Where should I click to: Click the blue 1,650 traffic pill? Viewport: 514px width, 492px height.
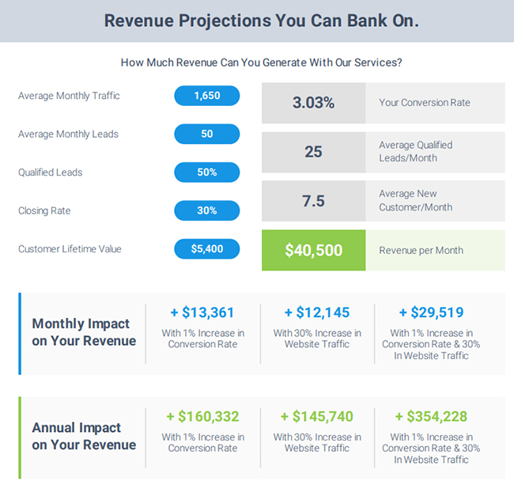pyautogui.click(x=206, y=96)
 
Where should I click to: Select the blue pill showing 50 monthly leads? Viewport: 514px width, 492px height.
pyautogui.click(x=206, y=134)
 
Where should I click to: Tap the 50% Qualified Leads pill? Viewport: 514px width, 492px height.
pyautogui.click(x=206, y=172)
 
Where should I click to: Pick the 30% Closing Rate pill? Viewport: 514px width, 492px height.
pyautogui.click(x=206, y=210)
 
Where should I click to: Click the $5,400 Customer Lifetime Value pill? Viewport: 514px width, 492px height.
pyautogui.click(x=206, y=249)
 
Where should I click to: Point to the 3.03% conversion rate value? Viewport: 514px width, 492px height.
pyautogui.click(x=313, y=103)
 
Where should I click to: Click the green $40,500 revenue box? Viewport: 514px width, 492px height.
pyautogui.click(x=313, y=251)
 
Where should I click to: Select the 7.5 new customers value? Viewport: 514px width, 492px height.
pyautogui.click(x=313, y=201)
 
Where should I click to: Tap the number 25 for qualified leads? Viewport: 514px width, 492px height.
pyautogui.click(x=313, y=152)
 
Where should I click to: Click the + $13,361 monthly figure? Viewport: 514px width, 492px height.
pyautogui.click(x=202, y=312)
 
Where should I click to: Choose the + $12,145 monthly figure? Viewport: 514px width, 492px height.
pyautogui.click(x=317, y=312)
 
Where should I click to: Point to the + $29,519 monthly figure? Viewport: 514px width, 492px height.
pyautogui.click(x=431, y=312)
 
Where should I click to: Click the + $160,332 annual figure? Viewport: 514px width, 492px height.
pyautogui.click(x=202, y=416)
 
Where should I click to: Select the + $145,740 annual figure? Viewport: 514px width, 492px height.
pyautogui.click(x=317, y=416)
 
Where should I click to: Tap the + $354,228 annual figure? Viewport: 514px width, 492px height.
pyautogui.click(x=431, y=416)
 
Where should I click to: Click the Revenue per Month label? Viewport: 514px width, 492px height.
pyautogui.click(x=421, y=251)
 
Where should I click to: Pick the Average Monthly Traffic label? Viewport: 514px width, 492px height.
pyautogui.click(x=69, y=96)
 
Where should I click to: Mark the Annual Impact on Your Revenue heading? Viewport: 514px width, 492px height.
pyautogui.click(x=84, y=436)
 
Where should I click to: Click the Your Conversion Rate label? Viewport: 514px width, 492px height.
pyautogui.click(x=424, y=103)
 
